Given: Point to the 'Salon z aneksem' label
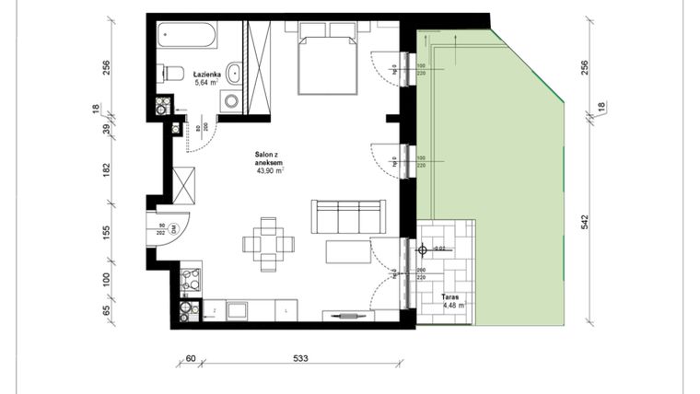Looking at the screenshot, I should coord(269,162).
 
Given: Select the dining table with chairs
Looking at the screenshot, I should coord(268,244).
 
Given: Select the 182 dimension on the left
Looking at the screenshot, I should coord(107,169).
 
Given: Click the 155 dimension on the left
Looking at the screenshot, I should coord(107,232).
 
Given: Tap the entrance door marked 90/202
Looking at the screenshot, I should coord(167,228).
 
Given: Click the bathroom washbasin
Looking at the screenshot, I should coord(233,73).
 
